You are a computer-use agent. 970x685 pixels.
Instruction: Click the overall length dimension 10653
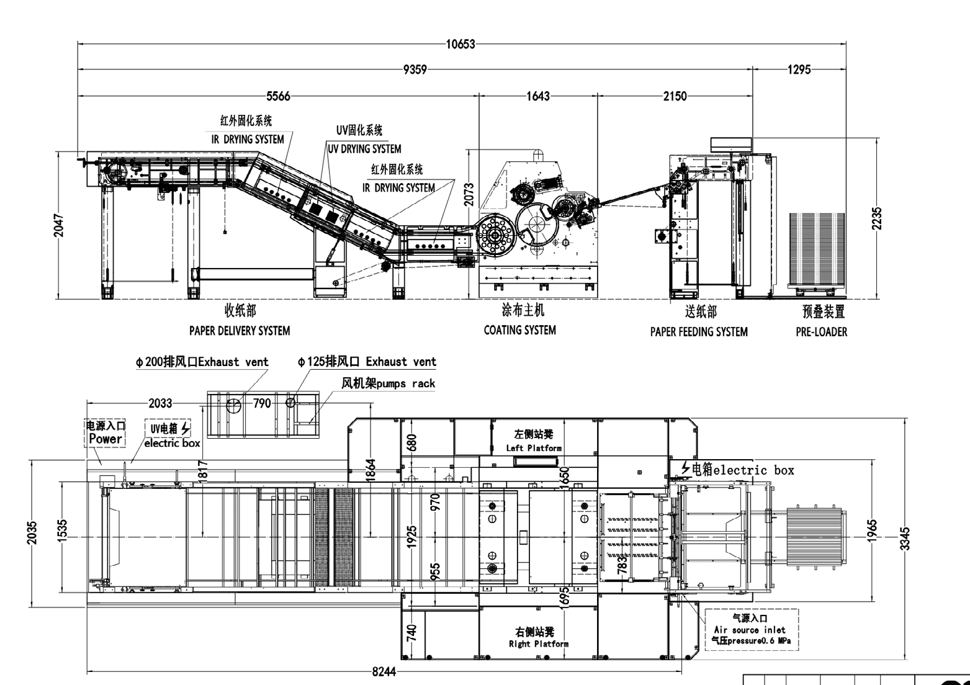click(x=460, y=44)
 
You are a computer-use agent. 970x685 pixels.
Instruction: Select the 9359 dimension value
click(x=415, y=69)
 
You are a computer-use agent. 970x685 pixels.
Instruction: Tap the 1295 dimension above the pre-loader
click(x=799, y=69)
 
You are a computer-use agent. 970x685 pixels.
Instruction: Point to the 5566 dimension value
click(x=278, y=96)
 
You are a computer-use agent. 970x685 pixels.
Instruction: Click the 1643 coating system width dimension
click(x=538, y=96)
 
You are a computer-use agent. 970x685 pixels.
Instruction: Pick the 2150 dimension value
click(x=675, y=96)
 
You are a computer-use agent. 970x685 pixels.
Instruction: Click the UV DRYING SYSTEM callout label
click(x=365, y=149)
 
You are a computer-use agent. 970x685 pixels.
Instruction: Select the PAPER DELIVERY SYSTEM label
click(x=240, y=331)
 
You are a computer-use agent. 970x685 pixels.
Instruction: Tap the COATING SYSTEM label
click(x=520, y=330)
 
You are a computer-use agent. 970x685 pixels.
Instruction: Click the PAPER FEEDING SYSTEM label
click(x=699, y=332)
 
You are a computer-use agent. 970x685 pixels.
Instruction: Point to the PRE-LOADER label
click(x=822, y=332)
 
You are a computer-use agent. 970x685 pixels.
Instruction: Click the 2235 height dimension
click(x=877, y=218)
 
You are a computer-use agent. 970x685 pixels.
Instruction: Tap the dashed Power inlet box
click(x=105, y=432)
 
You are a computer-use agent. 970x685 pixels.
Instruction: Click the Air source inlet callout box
click(x=751, y=629)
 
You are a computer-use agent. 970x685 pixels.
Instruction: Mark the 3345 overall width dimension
click(x=905, y=538)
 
